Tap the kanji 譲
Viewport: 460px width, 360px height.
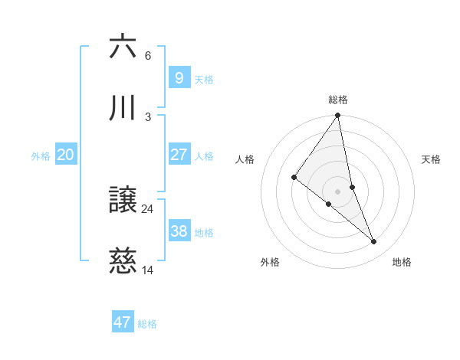coord(123,201)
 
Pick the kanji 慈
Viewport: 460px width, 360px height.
coord(123,262)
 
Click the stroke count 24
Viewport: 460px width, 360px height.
coord(148,208)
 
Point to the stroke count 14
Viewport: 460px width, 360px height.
coord(148,270)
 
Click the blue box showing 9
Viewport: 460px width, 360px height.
coord(179,77)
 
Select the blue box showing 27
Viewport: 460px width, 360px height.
coord(179,155)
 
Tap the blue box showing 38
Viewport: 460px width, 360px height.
coord(179,231)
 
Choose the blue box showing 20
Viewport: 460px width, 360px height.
coord(66,155)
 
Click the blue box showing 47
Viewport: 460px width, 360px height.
coord(123,322)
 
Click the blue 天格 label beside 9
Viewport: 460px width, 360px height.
coord(204,79)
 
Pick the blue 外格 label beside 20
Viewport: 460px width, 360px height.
coord(41,156)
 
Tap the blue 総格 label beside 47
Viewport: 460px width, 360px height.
coord(147,324)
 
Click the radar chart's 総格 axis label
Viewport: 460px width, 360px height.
coord(338,100)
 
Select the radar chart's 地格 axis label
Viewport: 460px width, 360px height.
coord(402,262)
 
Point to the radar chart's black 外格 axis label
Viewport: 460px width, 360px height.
coord(270,262)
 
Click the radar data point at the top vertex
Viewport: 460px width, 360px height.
coord(338,116)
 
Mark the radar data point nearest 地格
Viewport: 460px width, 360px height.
coord(374,241)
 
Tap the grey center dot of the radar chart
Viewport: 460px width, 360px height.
coord(338,191)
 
